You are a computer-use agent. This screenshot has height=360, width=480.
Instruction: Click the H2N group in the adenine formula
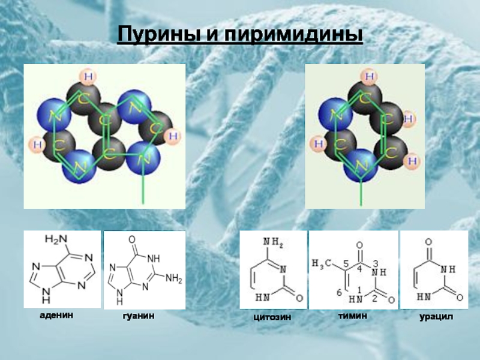pyautogui.click(x=53, y=240)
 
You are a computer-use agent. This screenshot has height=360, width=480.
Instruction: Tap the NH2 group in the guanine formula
pyautogui.click(x=173, y=278)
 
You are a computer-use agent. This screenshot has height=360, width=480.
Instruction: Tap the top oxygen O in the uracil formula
pyautogui.click(x=429, y=242)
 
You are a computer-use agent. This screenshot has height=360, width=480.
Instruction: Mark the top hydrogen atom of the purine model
pyautogui.click(x=89, y=76)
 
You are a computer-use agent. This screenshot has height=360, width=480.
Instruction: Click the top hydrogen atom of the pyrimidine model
pyautogui.click(x=370, y=76)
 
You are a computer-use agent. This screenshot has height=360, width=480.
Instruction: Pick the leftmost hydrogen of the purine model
pyautogui.click(x=35, y=145)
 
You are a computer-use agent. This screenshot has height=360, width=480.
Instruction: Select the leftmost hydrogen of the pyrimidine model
pyautogui.click(x=319, y=145)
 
